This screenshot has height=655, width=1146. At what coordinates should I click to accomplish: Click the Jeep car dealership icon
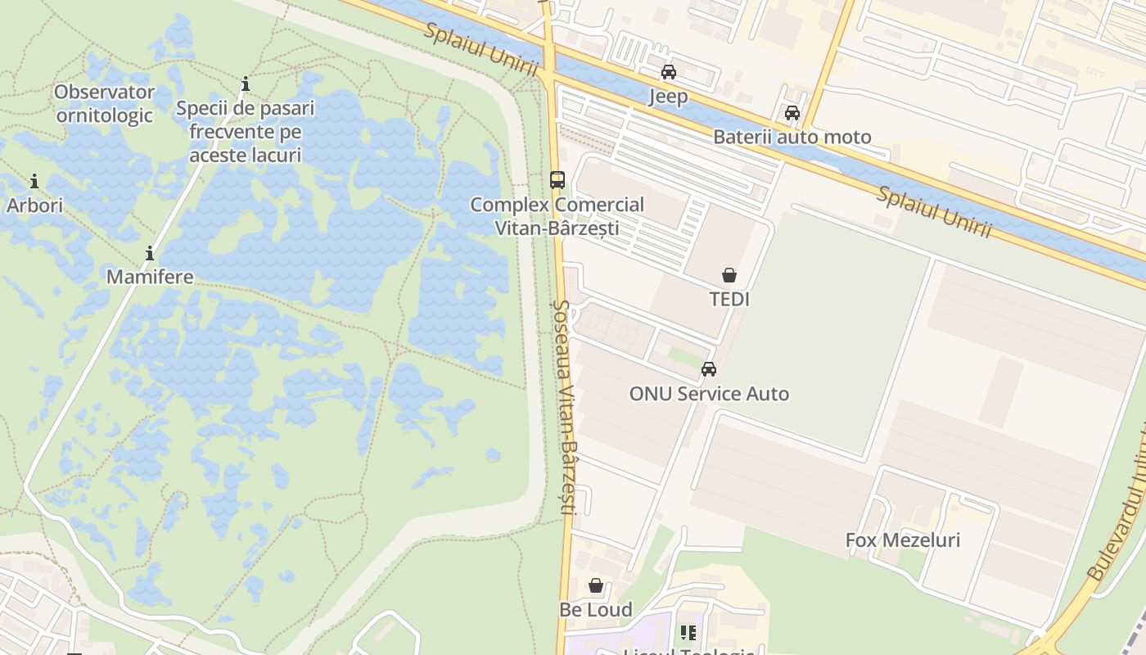click(669, 72)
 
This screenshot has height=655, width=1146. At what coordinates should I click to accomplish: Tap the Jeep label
click(668, 97)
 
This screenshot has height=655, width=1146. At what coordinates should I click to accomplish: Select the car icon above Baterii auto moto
click(792, 113)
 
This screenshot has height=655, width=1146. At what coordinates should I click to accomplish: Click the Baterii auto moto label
click(792, 137)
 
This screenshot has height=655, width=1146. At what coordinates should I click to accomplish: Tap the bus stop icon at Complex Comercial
click(557, 180)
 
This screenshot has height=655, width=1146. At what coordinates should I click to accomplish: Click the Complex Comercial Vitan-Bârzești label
click(557, 216)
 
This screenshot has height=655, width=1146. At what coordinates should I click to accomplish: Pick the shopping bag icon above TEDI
click(729, 275)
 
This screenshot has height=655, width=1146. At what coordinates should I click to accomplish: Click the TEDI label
click(729, 299)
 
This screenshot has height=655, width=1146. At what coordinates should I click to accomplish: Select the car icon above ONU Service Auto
click(709, 369)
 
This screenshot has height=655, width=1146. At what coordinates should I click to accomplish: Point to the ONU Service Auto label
click(709, 394)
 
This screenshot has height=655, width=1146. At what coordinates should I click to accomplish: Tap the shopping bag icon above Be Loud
click(596, 586)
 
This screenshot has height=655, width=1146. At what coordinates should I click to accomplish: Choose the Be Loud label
click(596, 610)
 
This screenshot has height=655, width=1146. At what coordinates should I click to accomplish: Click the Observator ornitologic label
click(105, 103)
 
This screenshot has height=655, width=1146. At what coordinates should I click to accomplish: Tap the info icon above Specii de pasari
click(246, 84)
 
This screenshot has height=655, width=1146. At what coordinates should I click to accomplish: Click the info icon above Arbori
click(34, 181)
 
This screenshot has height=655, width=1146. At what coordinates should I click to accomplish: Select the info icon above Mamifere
click(150, 253)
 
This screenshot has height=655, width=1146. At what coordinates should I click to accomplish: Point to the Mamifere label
click(150, 277)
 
